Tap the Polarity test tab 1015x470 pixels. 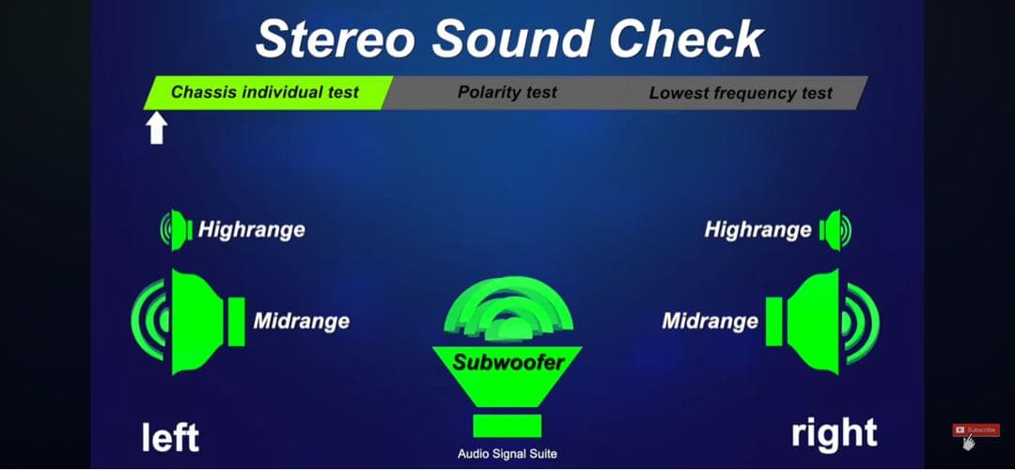pyautogui.click(x=507, y=92)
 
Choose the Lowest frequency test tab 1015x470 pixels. pyautogui.click(x=741, y=92)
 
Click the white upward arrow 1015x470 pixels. pyautogui.click(x=157, y=128)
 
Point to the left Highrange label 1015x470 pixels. pyautogui.click(x=251, y=229)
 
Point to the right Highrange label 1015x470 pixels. pyautogui.click(x=757, y=229)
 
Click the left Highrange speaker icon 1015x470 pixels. pyautogui.click(x=176, y=229)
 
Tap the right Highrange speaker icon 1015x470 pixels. pyautogui.click(x=835, y=229)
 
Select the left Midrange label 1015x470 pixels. pyautogui.click(x=301, y=321)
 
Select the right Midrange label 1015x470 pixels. pyautogui.click(x=710, y=321)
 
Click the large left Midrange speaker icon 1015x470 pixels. pyautogui.click(x=195, y=321)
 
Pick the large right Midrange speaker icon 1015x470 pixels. pyautogui.click(x=817, y=321)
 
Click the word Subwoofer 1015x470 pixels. pyautogui.click(x=508, y=362)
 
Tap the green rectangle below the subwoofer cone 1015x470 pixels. pyautogui.click(x=507, y=426)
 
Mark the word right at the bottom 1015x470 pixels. pyautogui.click(x=835, y=433)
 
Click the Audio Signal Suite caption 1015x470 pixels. pyautogui.click(x=507, y=454)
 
